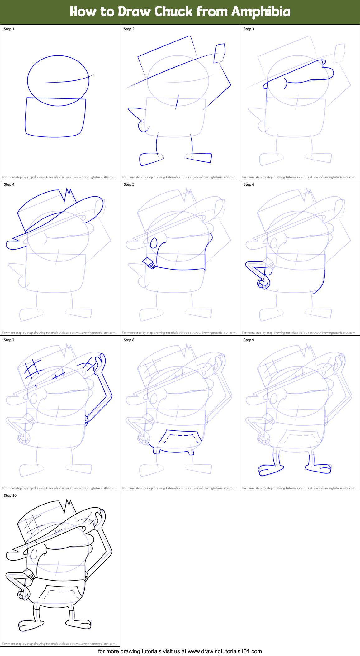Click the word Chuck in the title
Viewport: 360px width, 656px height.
(173, 12)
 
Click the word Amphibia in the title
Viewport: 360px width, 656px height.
(261, 12)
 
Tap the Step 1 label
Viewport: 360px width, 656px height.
(9, 29)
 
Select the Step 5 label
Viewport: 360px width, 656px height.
(129, 184)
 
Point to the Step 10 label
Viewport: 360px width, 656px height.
(10, 496)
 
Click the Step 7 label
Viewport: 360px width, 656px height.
(9, 340)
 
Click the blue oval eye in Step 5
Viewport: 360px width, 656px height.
(154, 243)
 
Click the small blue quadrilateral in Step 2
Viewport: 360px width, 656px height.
(220, 53)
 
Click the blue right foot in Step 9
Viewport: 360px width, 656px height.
(319, 468)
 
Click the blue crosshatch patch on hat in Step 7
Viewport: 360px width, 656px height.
(33, 369)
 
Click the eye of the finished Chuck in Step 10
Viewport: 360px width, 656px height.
(34, 554)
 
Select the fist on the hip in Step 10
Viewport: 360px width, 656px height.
(23, 594)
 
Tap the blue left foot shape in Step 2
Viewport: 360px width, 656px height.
(150, 159)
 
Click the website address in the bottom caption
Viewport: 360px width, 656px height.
(225, 651)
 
